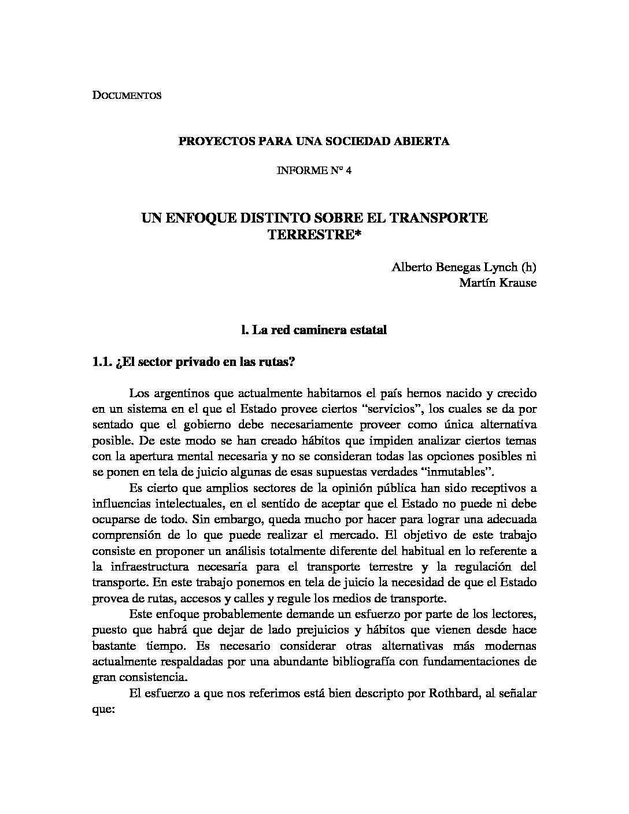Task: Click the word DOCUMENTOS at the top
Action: [127, 95]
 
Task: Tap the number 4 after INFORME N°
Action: [349, 172]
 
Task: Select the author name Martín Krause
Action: [497, 283]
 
